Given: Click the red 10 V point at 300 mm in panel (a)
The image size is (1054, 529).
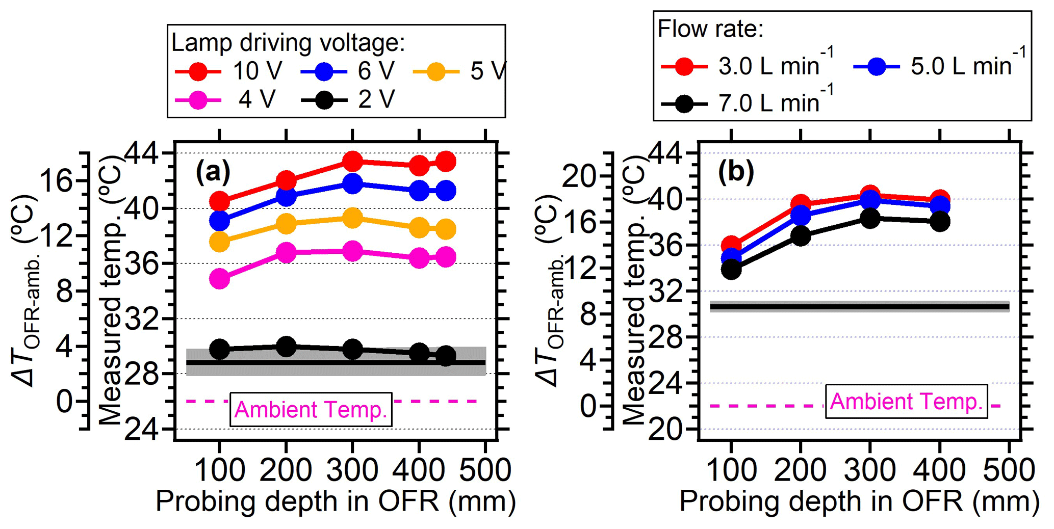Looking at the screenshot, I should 352,162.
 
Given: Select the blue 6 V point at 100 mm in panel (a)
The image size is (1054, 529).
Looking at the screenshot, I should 219,221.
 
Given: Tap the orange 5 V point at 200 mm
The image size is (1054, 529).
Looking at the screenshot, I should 286,223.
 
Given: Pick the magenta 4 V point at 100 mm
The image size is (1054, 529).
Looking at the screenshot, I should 219,279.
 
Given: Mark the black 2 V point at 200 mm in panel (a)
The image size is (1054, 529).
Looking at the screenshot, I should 286,347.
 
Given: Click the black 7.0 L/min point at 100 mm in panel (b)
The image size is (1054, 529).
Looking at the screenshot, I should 731,269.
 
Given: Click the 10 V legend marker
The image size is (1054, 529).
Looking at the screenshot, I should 198,71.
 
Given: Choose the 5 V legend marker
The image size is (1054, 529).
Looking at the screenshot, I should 435,71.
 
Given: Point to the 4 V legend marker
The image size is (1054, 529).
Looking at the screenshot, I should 198,99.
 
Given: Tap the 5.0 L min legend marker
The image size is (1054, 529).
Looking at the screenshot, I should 876,66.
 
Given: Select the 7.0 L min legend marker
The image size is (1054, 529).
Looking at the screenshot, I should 683,103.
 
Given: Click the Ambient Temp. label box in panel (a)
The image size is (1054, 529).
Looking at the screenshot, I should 311,409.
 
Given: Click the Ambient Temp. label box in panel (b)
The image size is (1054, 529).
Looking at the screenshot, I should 906,402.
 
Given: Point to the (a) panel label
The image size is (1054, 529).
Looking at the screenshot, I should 213,172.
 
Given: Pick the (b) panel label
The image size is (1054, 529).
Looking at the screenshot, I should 736,172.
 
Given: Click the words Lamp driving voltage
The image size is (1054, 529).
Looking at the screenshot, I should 288,43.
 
